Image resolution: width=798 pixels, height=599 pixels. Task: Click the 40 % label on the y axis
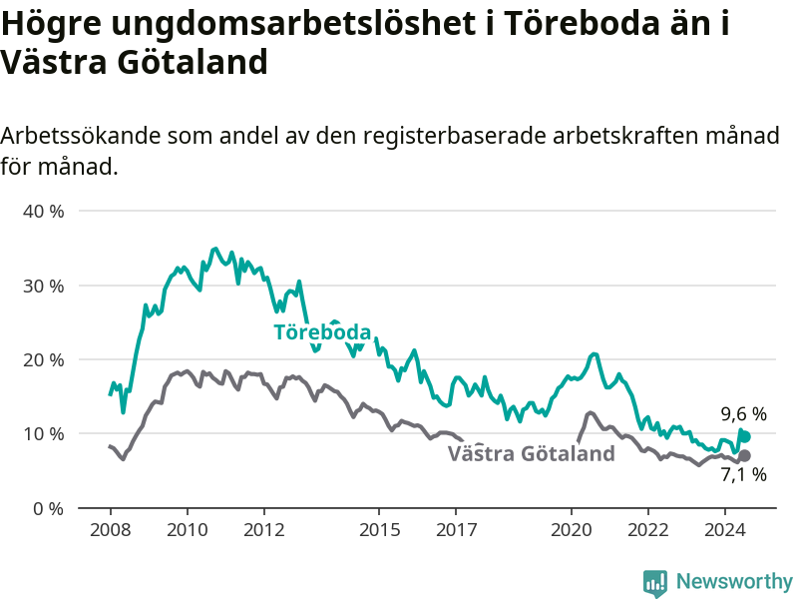(43, 211)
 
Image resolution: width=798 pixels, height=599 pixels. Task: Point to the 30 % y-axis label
(43, 286)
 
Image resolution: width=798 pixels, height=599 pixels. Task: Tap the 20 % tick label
(43, 360)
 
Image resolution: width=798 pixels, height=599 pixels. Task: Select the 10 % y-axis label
(43, 434)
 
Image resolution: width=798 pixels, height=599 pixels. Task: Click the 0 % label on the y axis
(48, 509)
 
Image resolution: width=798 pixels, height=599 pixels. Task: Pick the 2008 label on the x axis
(111, 530)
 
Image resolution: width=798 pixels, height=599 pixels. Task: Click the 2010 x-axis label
(188, 530)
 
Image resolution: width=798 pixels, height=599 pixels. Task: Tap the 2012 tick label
(264, 530)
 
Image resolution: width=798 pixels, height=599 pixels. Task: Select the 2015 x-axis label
(380, 530)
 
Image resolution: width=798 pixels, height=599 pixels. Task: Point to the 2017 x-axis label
(457, 530)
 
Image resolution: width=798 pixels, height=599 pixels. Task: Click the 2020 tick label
(572, 530)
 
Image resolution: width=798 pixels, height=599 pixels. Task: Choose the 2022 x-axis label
(648, 530)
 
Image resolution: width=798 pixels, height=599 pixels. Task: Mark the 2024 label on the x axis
(725, 530)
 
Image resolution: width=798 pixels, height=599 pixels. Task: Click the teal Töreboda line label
(322, 332)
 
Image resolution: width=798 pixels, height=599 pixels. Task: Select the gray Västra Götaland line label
(532, 453)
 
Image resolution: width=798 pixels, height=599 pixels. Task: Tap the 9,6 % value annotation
(743, 414)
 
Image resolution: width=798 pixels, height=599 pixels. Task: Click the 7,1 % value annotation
(743, 474)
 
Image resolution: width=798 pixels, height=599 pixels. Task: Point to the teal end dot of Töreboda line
(745, 437)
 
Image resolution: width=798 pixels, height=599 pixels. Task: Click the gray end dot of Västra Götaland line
(744, 456)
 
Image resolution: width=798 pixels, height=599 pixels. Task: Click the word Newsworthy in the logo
(734, 581)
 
